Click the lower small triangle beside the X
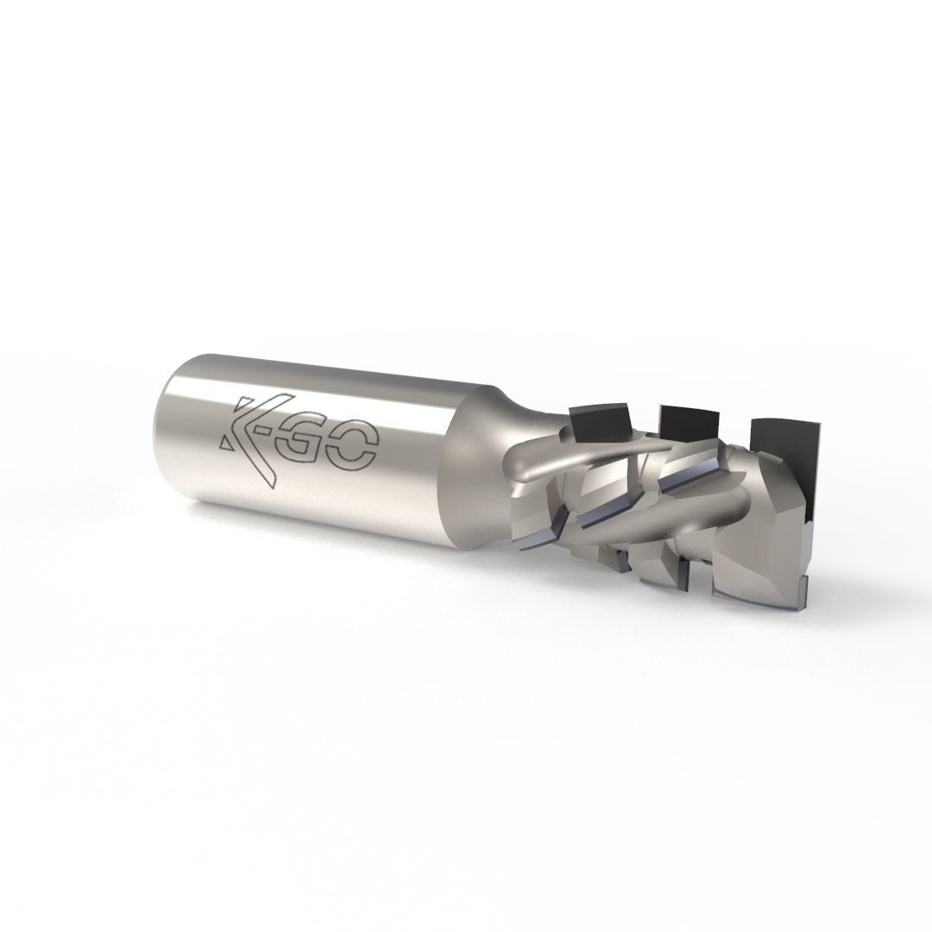point(227,441)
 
